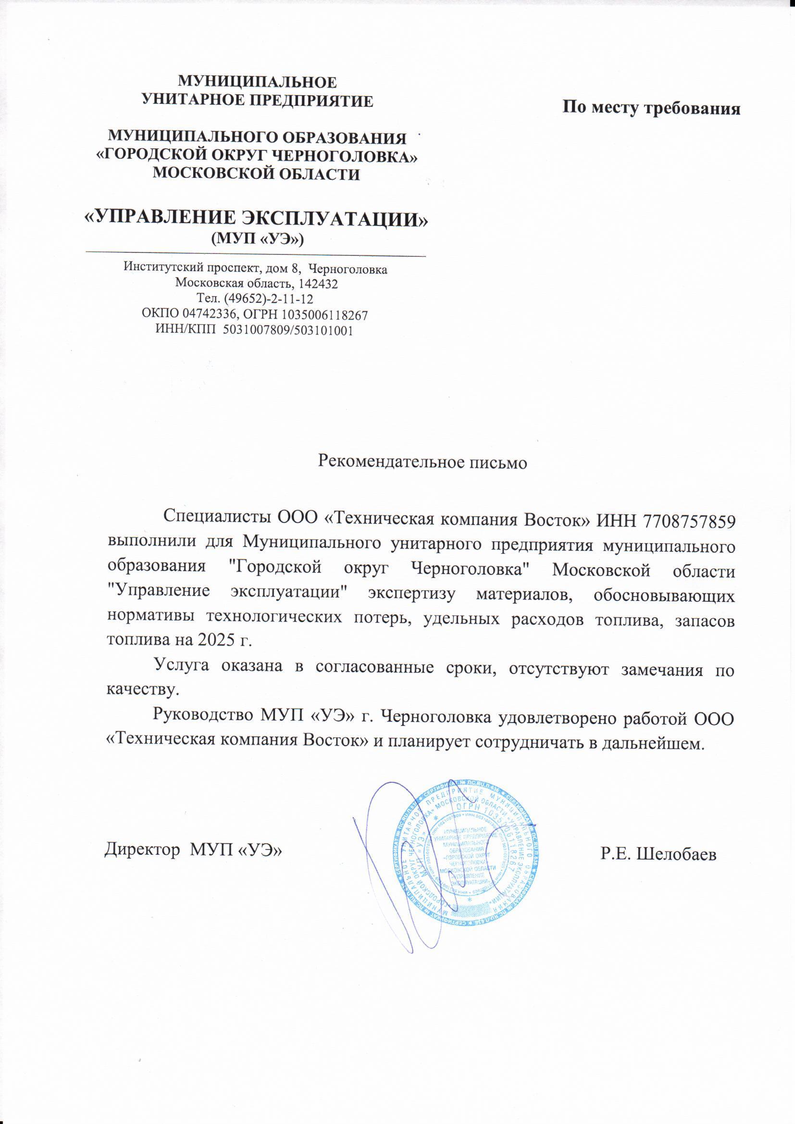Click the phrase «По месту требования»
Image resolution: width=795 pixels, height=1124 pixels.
click(x=651, y=107)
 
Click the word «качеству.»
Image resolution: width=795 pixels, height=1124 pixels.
click(x=140, y=690)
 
